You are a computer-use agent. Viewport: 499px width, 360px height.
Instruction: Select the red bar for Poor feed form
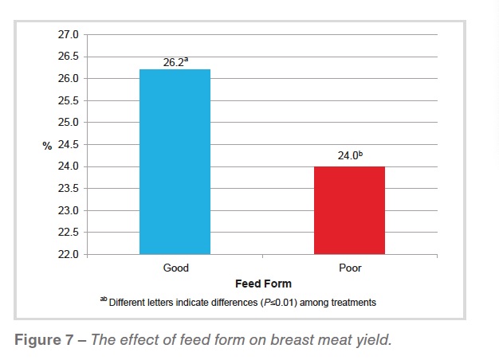coord(349,210)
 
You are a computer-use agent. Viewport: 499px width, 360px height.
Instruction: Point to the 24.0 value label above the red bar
coord(349,157)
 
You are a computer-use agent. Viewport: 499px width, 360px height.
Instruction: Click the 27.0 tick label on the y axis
coord(69,35)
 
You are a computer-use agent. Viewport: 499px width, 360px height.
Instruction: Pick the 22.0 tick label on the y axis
coord(69,255)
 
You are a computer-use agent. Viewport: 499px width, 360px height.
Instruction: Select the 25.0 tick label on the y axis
coord(69,123)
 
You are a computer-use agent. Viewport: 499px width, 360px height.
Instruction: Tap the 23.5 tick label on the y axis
coord(69,189)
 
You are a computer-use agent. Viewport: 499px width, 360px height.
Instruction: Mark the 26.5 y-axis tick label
coord(69,57)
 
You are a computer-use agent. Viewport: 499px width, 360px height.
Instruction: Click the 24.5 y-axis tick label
coord(69,145)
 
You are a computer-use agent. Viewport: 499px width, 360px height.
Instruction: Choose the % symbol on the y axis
coord(46,145)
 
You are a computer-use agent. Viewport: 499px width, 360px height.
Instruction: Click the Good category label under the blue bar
coord(175,268)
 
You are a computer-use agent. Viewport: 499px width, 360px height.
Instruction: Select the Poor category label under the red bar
coord(349,268)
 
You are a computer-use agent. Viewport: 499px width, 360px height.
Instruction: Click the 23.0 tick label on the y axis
coord(69,211)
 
